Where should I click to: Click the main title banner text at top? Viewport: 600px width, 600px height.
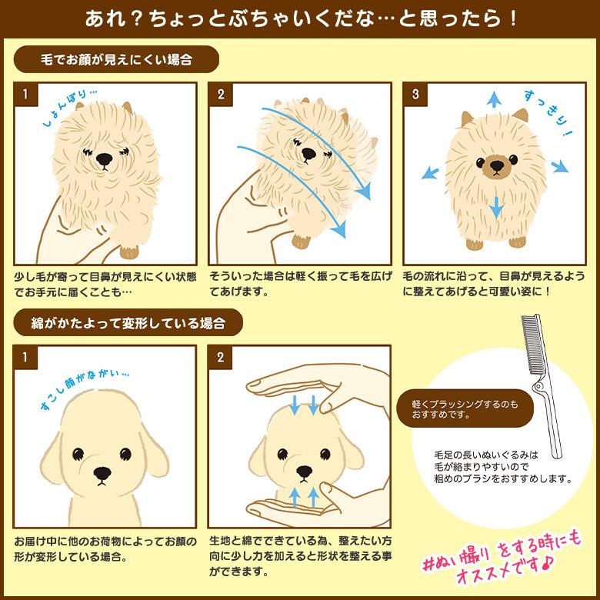[299, 17]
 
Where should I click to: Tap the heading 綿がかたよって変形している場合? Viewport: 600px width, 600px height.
[127, 322]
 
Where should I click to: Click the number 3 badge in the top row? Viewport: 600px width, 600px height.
[415, 95]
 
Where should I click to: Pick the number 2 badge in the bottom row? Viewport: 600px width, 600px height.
[221, 358]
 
